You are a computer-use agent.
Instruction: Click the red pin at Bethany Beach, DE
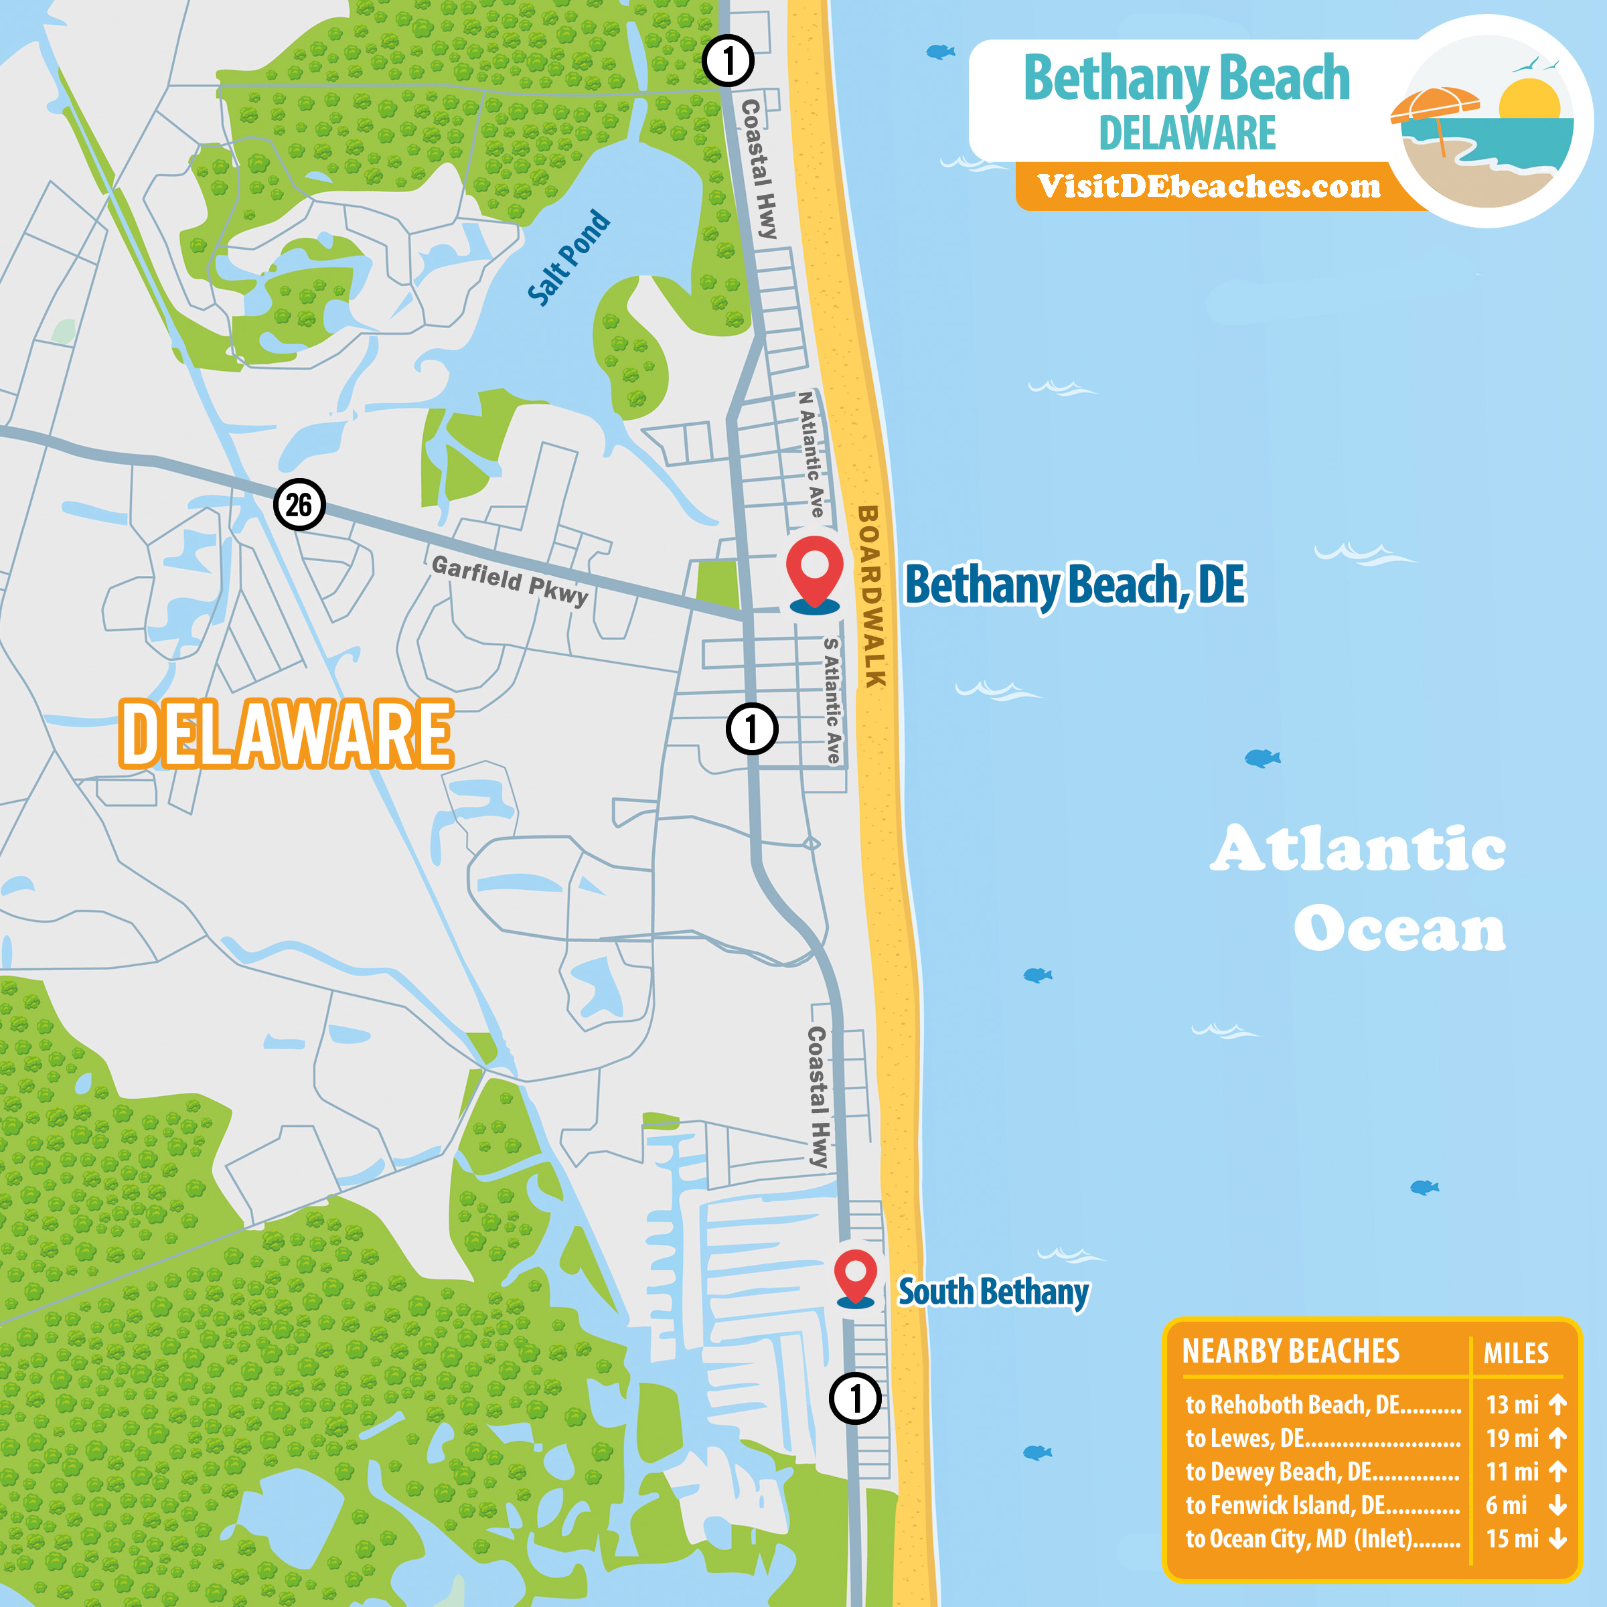[814, 568]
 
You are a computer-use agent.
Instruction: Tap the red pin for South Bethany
[855, 1274]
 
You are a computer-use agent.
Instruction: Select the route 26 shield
[299, 504]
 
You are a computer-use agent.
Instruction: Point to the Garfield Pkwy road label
[510, 579]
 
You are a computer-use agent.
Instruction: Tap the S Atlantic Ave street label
[832, 700]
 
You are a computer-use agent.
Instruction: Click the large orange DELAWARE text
[286, 734]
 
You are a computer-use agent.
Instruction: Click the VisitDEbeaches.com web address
[1209, 186]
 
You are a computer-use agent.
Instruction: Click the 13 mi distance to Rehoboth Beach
[1511, 1405]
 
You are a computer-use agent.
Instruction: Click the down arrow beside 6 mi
[1558, 1505]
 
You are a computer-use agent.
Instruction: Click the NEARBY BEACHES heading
[1290, 1352]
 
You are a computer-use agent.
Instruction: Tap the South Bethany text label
[993, 1292]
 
